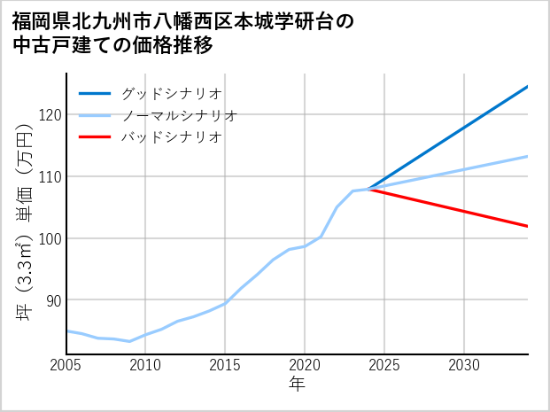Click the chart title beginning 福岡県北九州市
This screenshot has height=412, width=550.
182,33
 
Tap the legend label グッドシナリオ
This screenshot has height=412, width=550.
171,93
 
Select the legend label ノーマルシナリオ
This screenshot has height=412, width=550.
179,115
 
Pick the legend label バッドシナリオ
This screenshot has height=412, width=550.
171,137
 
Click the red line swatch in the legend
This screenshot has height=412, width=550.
95,137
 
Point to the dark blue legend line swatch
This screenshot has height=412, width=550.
95,93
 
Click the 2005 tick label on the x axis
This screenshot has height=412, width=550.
66,365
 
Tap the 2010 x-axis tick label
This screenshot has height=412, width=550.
146,365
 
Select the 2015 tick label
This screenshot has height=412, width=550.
226,365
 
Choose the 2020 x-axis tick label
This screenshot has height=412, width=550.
305,365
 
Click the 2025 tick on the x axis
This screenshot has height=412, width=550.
384,365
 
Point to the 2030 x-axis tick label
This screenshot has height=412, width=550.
464,365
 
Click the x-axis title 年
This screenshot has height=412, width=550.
298,385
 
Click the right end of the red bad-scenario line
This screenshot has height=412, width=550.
527,226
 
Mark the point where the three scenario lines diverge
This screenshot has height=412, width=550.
369,189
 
